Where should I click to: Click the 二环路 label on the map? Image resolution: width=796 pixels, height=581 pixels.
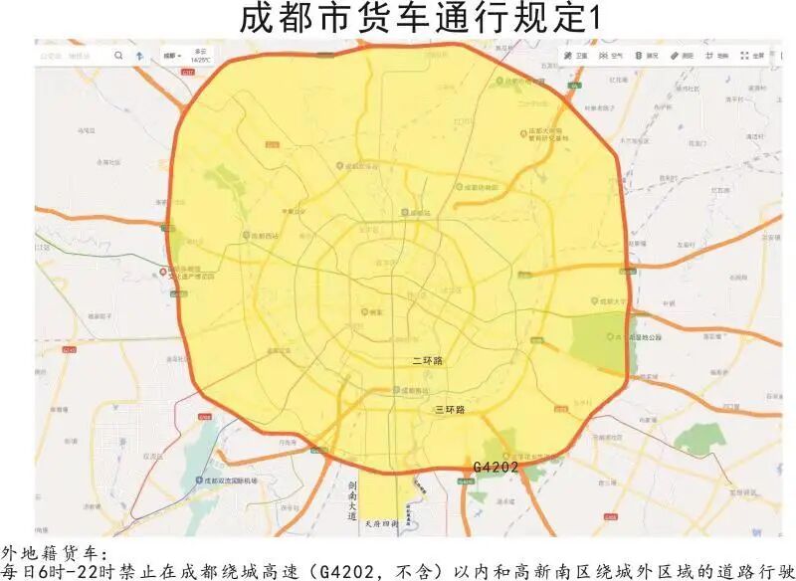pos(428,361)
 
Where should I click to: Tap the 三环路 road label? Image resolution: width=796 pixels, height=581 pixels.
pos(450,410)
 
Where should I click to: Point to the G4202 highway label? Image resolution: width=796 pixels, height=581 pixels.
pos(496,467)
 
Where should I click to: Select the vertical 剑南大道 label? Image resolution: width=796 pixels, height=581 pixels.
pos(352,501)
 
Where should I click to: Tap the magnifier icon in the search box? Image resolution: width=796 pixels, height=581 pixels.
pos(118,56)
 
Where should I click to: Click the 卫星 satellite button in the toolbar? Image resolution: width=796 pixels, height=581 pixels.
pos(575,56)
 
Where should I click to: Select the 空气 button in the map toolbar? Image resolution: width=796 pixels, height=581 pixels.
pos(611,56)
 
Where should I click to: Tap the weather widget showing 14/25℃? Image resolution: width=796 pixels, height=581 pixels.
pos(201,56)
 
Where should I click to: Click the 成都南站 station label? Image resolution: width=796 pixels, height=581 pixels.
pos(413,390)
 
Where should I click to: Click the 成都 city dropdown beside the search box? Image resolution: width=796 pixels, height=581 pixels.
pos(172,56)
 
